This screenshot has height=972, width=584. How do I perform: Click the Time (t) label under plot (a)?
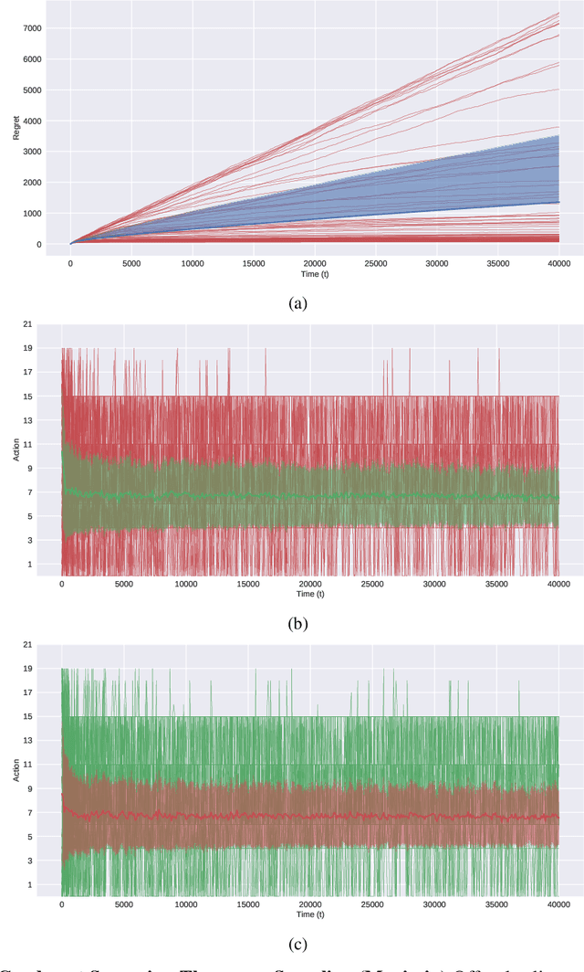(x=314, y=272)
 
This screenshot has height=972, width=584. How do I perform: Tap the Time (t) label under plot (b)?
(x=309, y=594)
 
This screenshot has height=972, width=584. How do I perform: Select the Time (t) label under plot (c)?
(x=309, y=914)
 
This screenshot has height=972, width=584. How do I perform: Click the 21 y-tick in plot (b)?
(x=28, y=324)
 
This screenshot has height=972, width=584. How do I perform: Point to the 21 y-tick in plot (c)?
(x=28, y=645)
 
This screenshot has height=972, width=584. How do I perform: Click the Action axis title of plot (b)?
(x=15, y=449)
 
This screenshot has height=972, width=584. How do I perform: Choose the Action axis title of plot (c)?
(x=15, y=770)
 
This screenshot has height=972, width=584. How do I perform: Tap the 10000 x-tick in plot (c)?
(x=186, y=903)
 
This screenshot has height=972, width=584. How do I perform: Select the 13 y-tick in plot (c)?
(x=28, y=741)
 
